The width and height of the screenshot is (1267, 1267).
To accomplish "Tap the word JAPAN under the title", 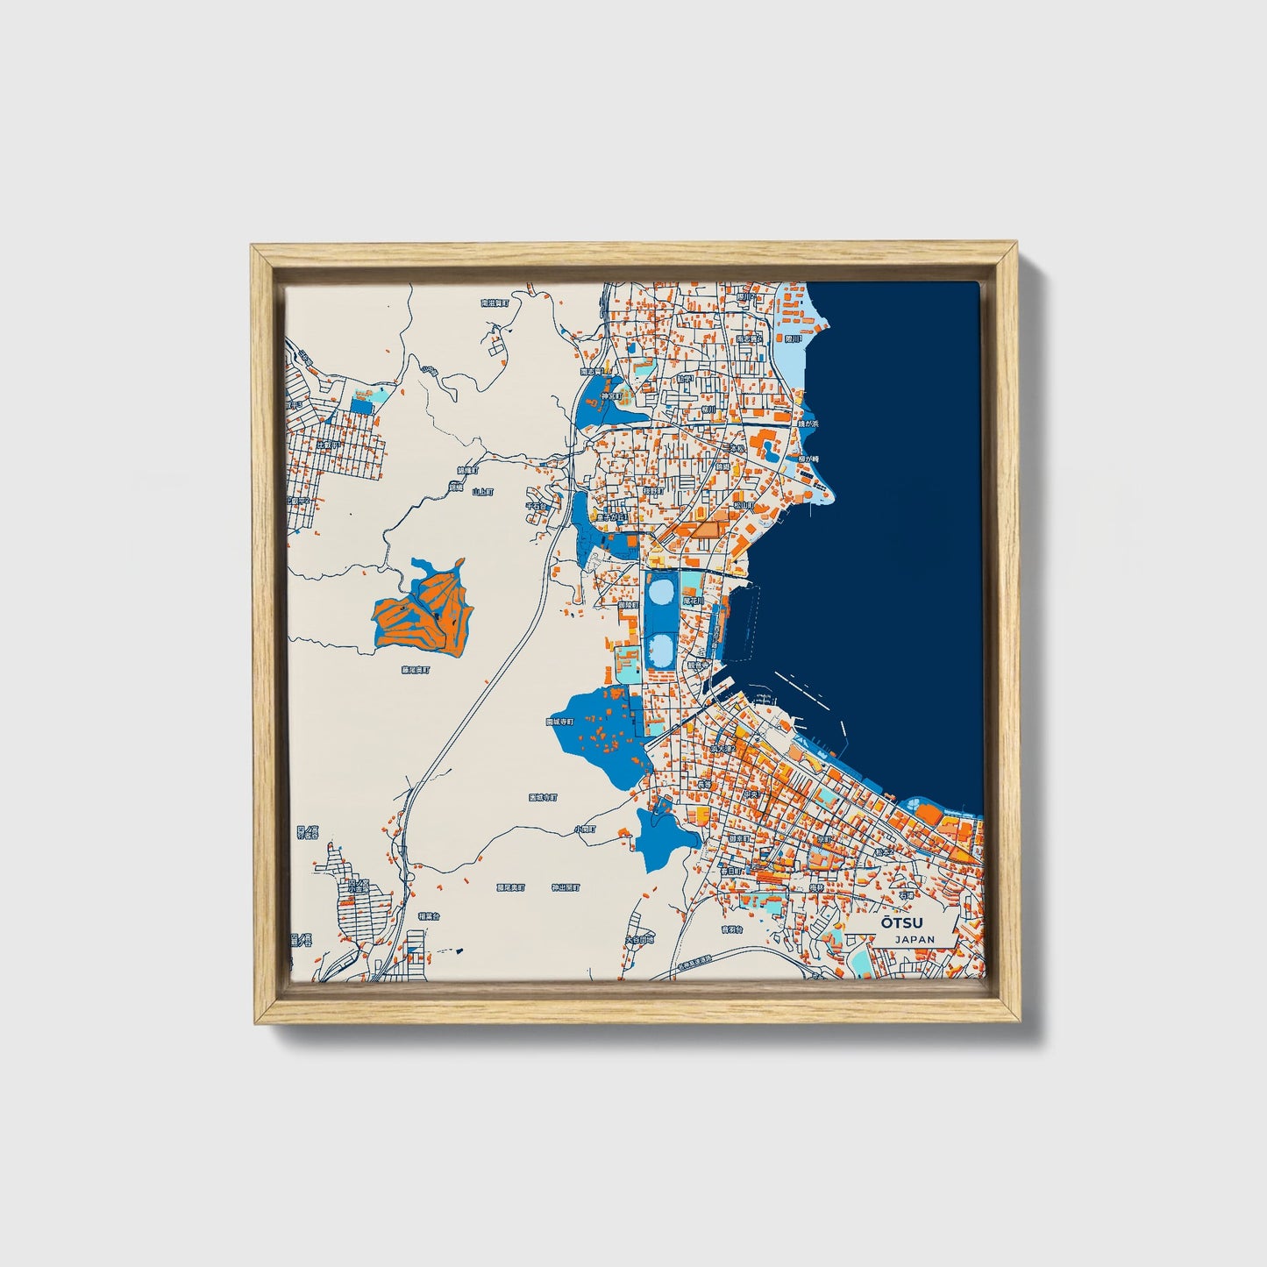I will click(x=915, y=939).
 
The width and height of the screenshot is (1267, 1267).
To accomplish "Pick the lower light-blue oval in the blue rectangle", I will click(x=662, y=650).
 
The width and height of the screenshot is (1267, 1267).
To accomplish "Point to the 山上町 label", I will click(x=480, y=493).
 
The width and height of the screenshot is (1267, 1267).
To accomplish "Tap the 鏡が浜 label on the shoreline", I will click(x=808, y=424).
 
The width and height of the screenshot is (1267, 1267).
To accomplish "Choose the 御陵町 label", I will click(x=628, y=605).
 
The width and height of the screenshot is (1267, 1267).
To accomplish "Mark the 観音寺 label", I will click(x=697, y=666).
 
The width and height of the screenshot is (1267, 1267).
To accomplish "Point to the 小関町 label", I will click(x=585, y=829).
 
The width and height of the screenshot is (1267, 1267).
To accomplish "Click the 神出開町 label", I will click(x=566, y=887).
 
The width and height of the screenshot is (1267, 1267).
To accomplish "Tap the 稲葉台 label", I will click(x=428, y=915).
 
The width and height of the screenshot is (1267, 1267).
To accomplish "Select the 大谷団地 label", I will click(x=638, y=939).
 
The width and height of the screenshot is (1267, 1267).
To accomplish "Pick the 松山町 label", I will click(x=744, y=506).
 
